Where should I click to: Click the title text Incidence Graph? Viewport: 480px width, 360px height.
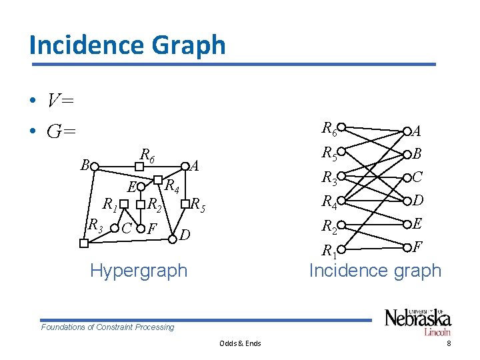click(x=127, y=45)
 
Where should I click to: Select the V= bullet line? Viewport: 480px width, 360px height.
click(x=60, y=101)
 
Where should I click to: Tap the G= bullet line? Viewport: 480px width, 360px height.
click(x=61, y=131)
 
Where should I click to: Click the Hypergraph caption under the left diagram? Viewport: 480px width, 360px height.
click(x=139, y=271)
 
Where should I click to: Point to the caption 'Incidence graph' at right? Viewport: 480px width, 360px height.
click(x=375, y=271)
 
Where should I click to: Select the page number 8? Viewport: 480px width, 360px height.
click(x=449, y=343)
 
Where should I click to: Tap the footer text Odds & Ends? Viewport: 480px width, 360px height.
click(x=240, y=343)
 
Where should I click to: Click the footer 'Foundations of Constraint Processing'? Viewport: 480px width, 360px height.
click(x=107, y=327)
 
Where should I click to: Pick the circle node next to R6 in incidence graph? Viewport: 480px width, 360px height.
click(x=341, y=127)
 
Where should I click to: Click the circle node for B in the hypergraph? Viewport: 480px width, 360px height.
click(x=95, y=166)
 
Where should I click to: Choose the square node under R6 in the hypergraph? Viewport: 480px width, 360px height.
click(x=139, y=167)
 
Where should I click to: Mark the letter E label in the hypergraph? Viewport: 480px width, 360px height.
click(x=132, y=186)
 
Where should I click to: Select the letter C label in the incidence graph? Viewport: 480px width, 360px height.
click(x=417, y=177)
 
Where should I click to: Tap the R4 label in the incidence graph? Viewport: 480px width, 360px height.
click(x=329, y=201)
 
